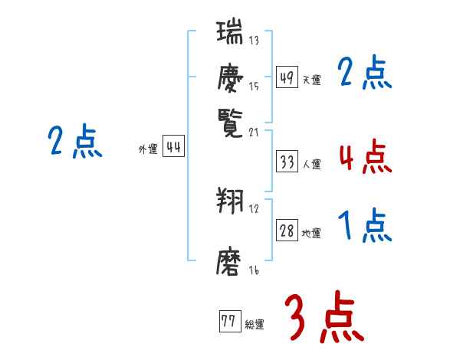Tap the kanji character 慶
click(x=229, y=77)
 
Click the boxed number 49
click(x=286, y=77)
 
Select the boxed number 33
click(x=287, y=162)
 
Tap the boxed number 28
click(x=287, y=231)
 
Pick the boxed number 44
click(x=173, y=148)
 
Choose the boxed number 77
click(x=228, y=322)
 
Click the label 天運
click(x=312, y=80)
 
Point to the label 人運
click(x=312, y=164)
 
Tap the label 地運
click(x=312, y=233)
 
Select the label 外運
click(x=148, y=149)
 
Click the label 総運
click(x=255, y=324)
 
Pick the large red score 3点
click(x=324, y=318)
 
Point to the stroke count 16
click(x=253, y=270)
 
